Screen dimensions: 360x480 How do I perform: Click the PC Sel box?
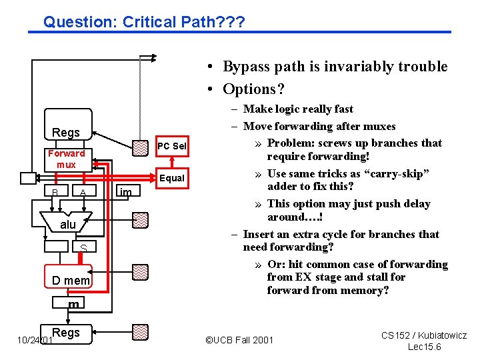(x=171, y=146)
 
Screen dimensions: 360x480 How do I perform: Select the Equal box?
(x=171, y=178)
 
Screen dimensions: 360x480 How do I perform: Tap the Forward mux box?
(x=66, y=159)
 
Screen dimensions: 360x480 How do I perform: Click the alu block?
(x=68, y=225)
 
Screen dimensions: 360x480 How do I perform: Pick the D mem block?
(x=71, y=281)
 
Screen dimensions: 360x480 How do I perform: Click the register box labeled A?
(x=83, y=193)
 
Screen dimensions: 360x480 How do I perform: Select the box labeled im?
(x=125, y=192)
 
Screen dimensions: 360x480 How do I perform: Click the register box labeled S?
(x=83, y=248)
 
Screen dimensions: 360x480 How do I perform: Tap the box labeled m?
(x=73, y=305)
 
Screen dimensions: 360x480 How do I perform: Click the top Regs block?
(x=66, y=132)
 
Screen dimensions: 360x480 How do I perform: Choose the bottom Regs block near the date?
(x=66, y=332)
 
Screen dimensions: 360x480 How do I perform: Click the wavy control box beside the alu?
(x=139, y=219)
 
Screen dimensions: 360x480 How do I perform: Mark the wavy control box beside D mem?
(x=139, y=271)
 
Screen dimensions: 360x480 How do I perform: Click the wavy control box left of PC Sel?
(x=139, y=147)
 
